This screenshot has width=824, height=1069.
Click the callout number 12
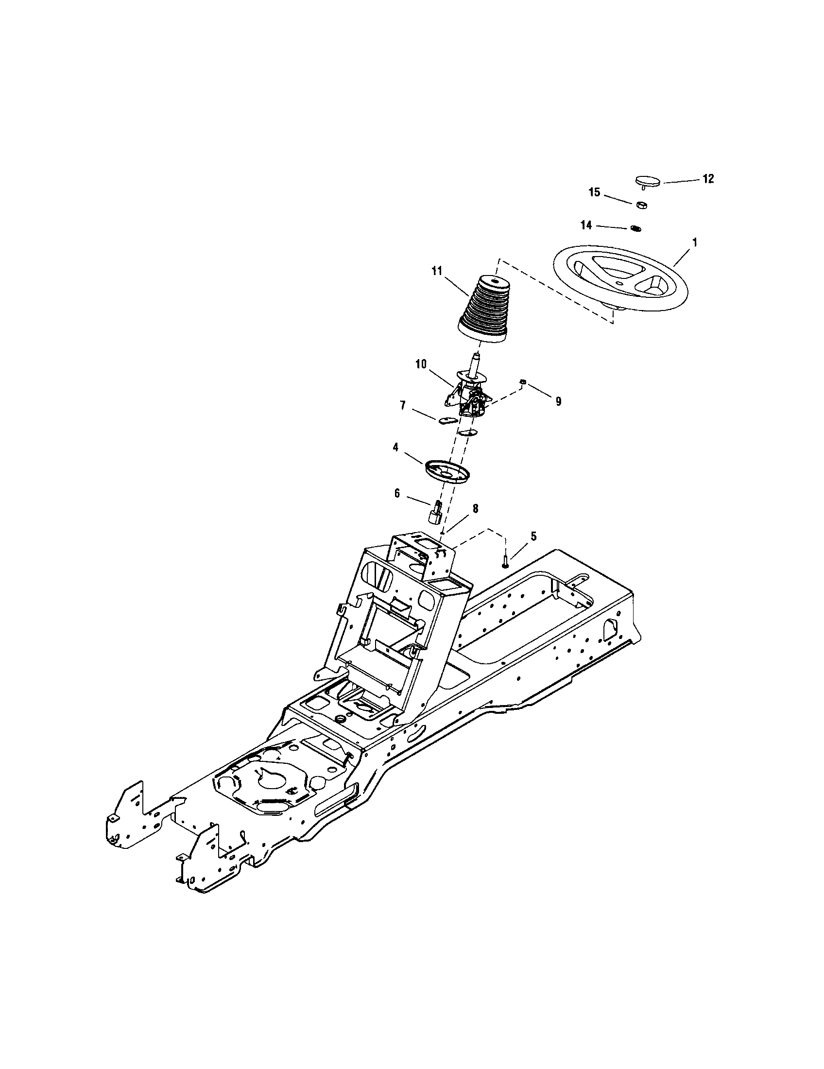[708, 179]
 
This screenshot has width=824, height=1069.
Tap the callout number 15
[594, 192]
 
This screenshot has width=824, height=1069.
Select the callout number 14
[586, 225]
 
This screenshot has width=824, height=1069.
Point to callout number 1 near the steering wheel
[695, 243]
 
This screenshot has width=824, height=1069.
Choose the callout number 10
[421, 363]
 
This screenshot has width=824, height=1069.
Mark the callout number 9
[558, 401]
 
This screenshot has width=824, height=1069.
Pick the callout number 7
[403, 406]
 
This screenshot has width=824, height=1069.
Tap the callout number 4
[395, 448]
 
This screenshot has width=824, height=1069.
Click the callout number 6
[397, 493]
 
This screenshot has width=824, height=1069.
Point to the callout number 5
[533, 536]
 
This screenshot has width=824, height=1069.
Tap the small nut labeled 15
[641, 205]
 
